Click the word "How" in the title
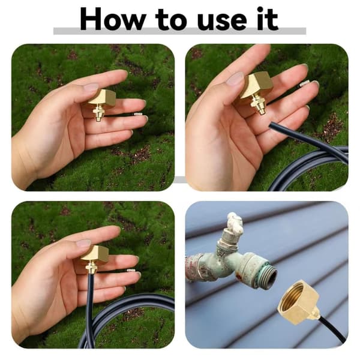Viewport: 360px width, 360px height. [x=113, y=19]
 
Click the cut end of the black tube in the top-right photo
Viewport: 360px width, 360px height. [x=272, y=125]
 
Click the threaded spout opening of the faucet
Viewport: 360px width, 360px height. [x=268, y=271]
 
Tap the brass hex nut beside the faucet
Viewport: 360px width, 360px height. [x=298, y=301]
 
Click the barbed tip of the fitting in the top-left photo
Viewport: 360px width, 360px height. [x=98, y=119]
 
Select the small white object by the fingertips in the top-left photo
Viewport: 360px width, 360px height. [x=139, y=113]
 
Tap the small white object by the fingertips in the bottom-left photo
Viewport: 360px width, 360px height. [x=131, y=271]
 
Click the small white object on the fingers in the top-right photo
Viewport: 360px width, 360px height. [x=305, y=84]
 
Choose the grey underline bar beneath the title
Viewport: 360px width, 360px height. [x=180, y=31]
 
